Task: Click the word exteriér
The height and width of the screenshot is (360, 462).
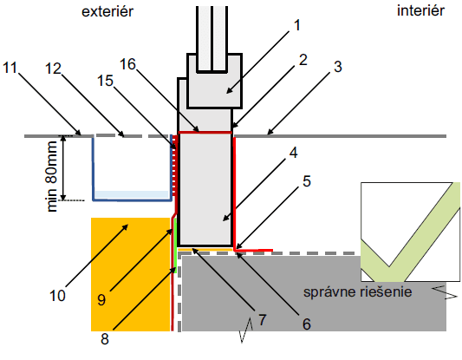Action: click(107, 11)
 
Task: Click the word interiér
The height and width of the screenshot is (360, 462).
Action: click(420, 10)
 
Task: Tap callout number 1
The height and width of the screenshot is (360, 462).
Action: click(297, 25)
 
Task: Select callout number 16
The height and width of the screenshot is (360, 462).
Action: click(127, 64)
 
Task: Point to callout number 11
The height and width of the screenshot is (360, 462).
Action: click(10, 68)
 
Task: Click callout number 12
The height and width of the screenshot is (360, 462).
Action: click(53, 69)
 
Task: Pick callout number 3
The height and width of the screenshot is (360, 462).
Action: click(338, 67)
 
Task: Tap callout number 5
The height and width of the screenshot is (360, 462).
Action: click(307, 181)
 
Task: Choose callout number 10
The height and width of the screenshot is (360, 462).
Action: click(57, 296)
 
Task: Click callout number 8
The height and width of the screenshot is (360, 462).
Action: click(105, 339)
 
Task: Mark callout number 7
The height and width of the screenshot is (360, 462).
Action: click(263, 319)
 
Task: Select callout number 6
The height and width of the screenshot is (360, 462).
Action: click(307, 324)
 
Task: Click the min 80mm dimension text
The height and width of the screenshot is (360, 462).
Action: click(52, 176)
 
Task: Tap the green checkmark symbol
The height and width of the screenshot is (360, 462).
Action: click(411, 232)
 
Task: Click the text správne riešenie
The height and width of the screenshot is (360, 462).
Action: click(357, 292)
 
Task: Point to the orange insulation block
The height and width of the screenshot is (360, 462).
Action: click(130, 274)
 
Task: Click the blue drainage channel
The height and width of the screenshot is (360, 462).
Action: click(133, 200)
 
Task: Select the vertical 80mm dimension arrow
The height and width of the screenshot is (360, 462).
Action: click(62, 167)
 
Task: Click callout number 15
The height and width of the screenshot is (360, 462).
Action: click(105, 81)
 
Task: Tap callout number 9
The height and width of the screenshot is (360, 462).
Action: click(101, 300)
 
